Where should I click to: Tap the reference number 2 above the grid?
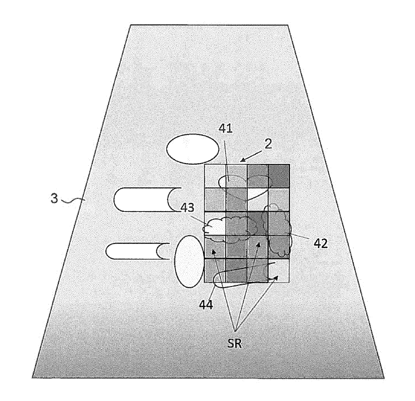click(x=268, y=144)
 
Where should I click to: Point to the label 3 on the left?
click(x=54, y=198)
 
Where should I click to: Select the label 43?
click(x=187, y=208)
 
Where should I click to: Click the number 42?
click(x=321, y=243)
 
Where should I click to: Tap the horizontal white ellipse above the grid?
click(x=193, y=150)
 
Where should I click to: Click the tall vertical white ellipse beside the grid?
click(x=189, y=262)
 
